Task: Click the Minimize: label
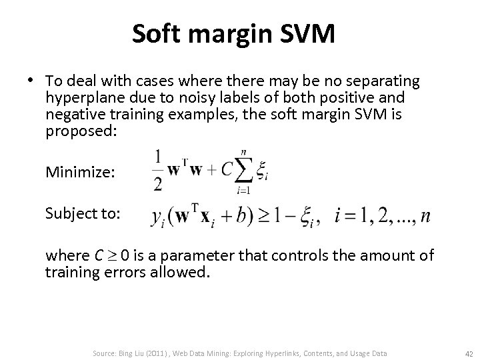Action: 81,173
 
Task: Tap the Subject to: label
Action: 83,214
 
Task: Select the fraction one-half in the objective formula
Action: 157,171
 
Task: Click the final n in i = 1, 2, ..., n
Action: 425,217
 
